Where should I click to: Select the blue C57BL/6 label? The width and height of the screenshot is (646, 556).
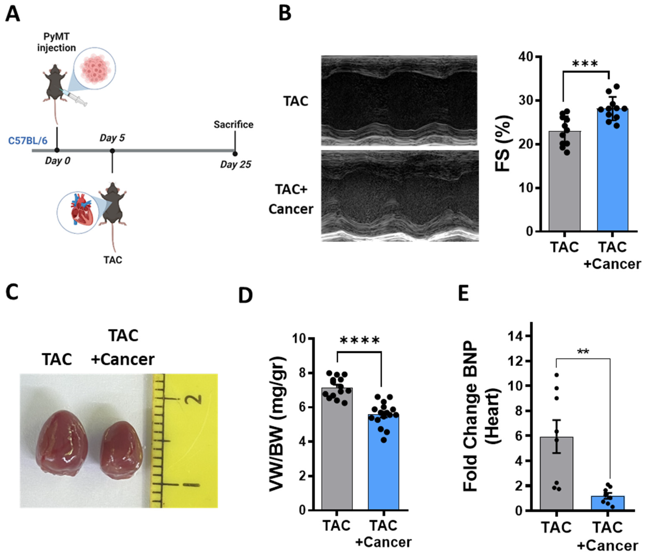coord(28,141)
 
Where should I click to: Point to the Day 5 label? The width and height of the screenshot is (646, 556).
coord(112,138)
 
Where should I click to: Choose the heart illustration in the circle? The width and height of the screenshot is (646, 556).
coord(82,212)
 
